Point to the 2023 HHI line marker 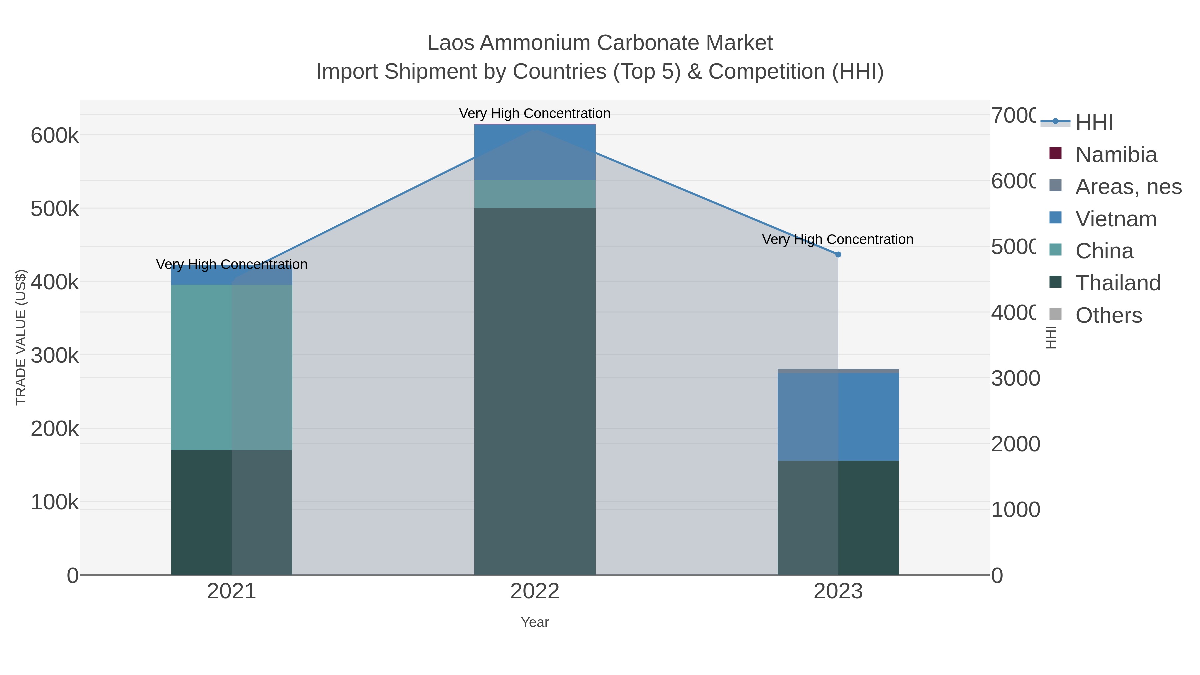point(838,254)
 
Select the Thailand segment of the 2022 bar point(535,391)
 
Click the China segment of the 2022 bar point(535,194)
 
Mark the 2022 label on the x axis point(535,592)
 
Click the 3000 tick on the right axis point(1015,378)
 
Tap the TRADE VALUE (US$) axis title point(21,337)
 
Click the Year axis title point(535,622)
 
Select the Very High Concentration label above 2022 point(535,113)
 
